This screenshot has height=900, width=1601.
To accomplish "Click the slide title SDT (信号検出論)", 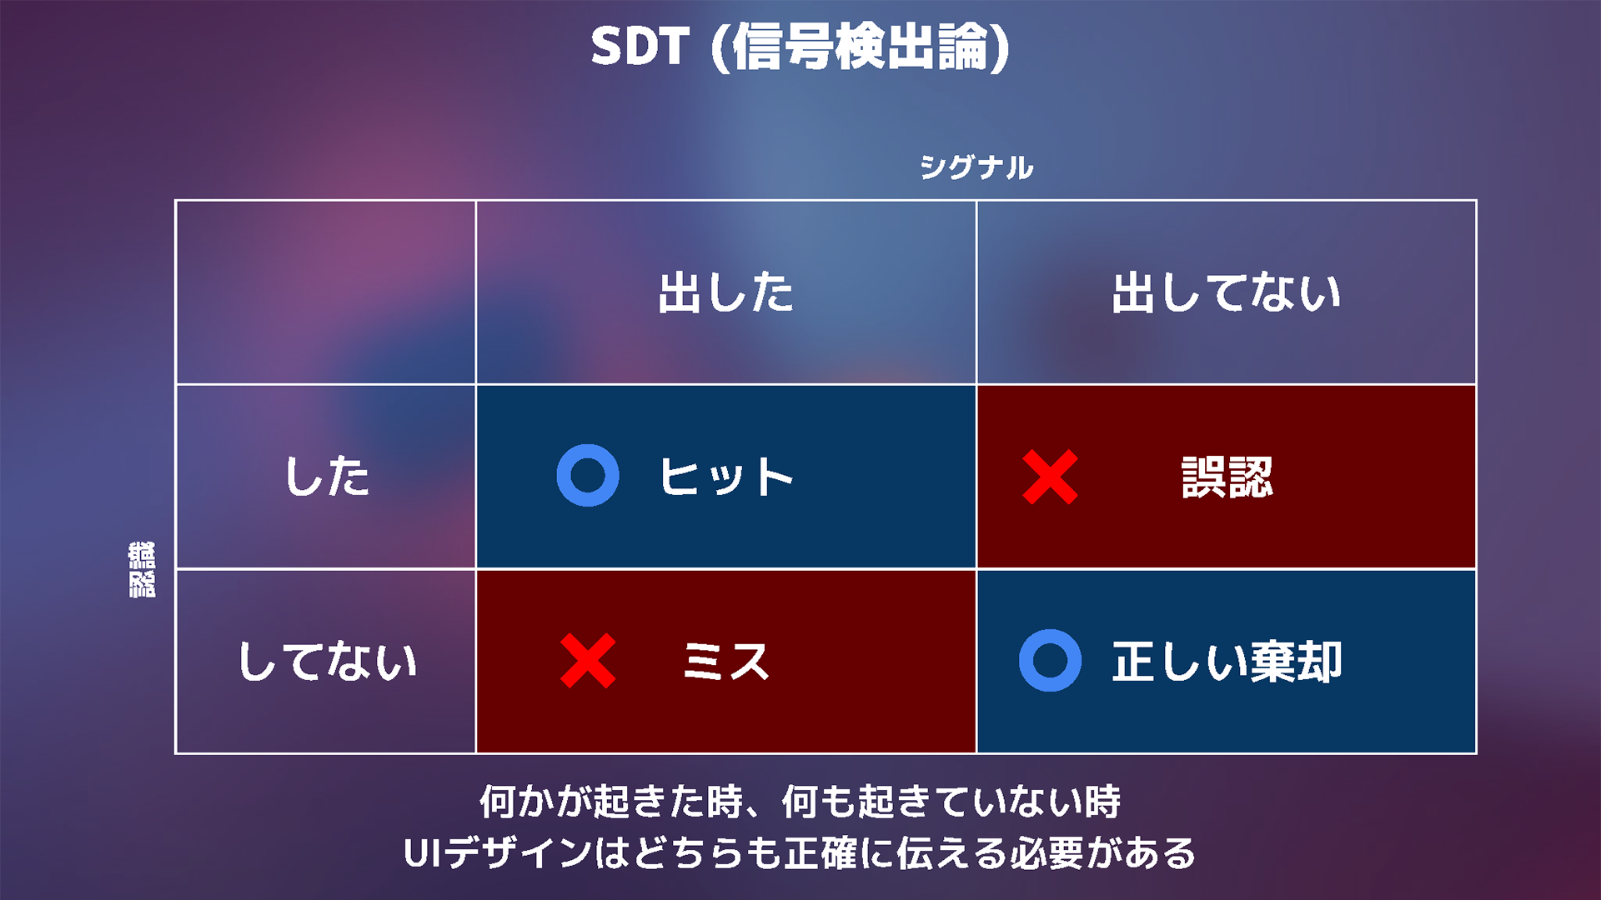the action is pos(800,47).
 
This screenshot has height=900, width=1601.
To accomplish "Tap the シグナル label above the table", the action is pos(976,167).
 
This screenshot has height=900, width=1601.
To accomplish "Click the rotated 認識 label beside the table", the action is pos(142,569).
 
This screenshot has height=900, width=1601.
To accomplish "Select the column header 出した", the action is pos(725,292).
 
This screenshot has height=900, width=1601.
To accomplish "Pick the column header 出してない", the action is pos(1226,292).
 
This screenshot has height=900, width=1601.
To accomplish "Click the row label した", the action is pos(326,477).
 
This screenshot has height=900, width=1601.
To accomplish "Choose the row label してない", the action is pos(326,662).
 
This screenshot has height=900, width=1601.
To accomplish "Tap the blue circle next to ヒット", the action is pos(588,475).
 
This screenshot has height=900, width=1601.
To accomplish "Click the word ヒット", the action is pos(725,477).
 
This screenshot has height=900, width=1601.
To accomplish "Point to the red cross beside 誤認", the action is pos(1050,477).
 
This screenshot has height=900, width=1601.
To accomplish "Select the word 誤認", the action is pos(1227,477).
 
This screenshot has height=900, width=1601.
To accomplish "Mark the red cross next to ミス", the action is pos(588,661).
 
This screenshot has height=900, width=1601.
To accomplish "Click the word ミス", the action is pos(725,662).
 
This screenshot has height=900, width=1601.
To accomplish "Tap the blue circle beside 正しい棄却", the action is pos(1050,660).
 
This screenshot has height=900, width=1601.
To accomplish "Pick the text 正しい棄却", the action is pos(1227,662).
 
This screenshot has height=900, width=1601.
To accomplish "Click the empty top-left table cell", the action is pos(325,292).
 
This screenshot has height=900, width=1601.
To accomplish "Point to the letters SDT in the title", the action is pos(640,47).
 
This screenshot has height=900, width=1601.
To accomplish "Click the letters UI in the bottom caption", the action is pos(424,853).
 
